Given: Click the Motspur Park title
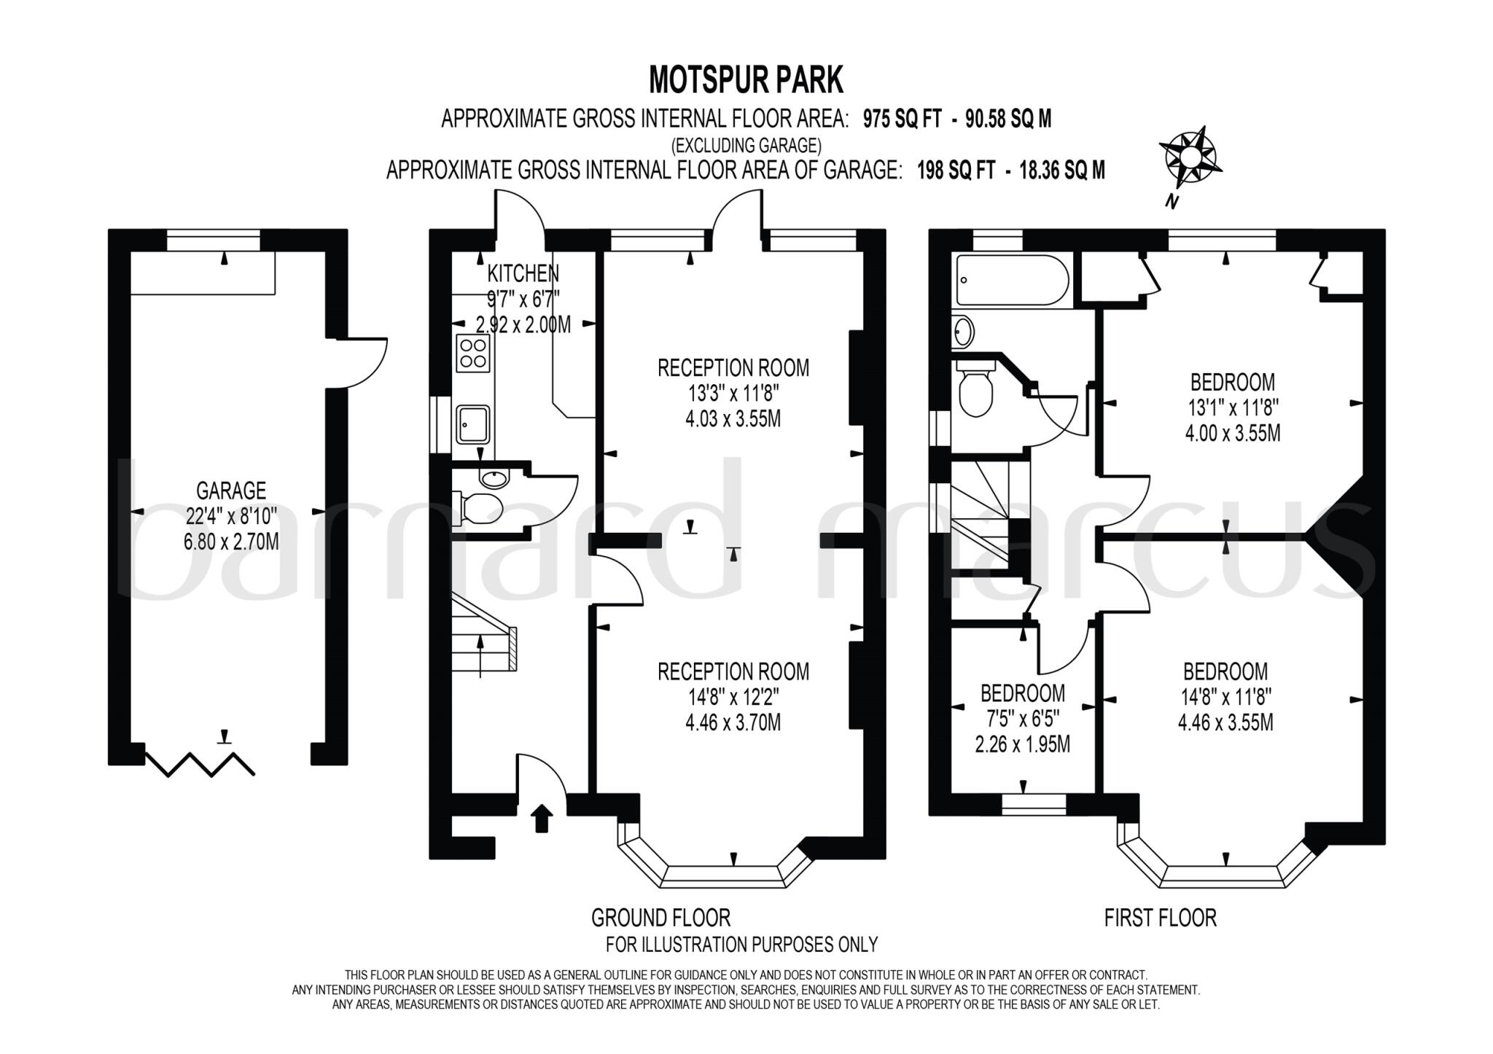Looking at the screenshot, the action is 746,79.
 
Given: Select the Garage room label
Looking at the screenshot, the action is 231,490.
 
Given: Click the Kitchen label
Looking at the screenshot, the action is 523,273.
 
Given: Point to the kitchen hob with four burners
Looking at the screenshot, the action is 473,353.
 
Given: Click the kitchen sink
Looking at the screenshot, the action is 473,425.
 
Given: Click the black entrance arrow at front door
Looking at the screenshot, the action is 541,818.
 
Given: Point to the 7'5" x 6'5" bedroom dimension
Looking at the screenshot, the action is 1023,719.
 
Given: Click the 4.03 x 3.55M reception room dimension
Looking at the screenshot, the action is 733,419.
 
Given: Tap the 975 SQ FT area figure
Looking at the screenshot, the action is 903,119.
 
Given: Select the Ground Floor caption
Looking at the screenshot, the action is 660,917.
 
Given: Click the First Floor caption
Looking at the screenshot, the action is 1161,917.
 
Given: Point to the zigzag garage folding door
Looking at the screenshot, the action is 200,762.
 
